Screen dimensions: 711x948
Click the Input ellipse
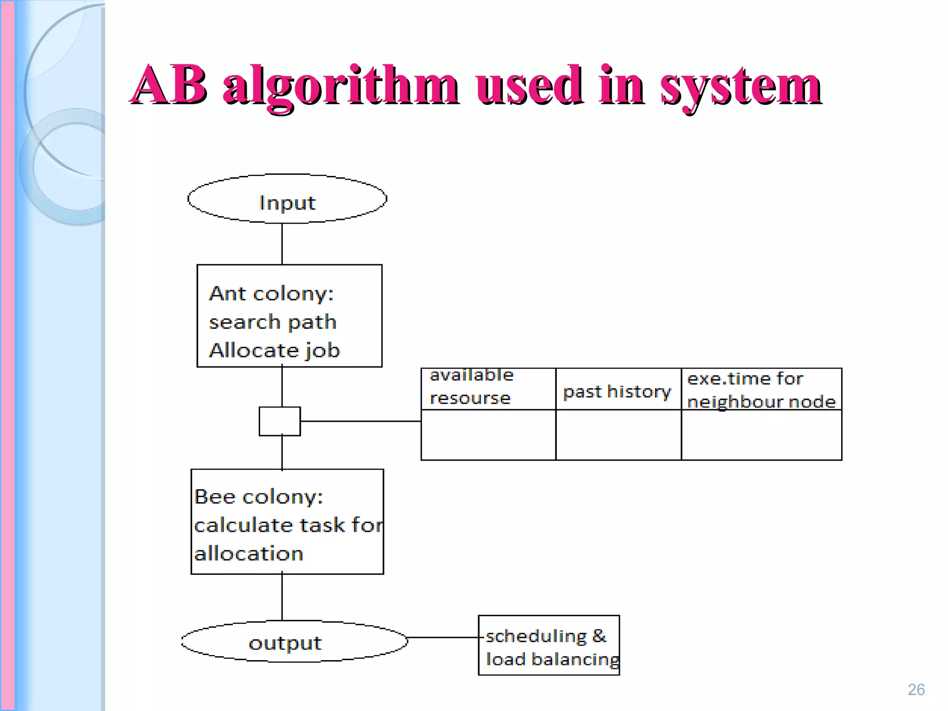[287, 199]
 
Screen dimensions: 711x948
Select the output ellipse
[294, 642]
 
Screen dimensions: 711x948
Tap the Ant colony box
[289, 316]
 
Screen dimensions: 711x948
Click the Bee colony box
[287, 522]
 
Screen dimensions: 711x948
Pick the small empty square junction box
[280, 421]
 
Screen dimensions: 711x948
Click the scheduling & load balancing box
[549, 645]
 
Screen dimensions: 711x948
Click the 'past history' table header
[618, 390]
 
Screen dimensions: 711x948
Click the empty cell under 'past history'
[618, 435]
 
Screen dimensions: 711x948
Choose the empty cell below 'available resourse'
[488, 435]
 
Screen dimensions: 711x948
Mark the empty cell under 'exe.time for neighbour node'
[761, 435]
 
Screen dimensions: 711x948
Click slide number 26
[916, 690]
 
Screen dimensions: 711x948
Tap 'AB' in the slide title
[169, 84]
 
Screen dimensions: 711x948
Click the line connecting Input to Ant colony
[282, 244]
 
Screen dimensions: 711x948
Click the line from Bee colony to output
[282, 597]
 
